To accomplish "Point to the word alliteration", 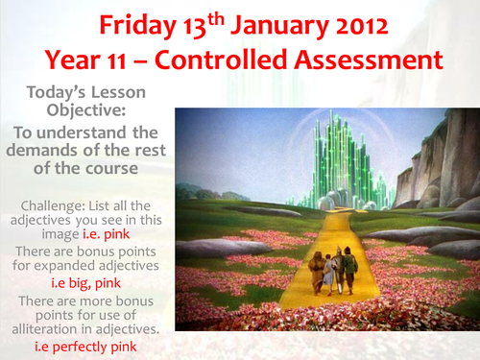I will [x=57, y=326].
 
